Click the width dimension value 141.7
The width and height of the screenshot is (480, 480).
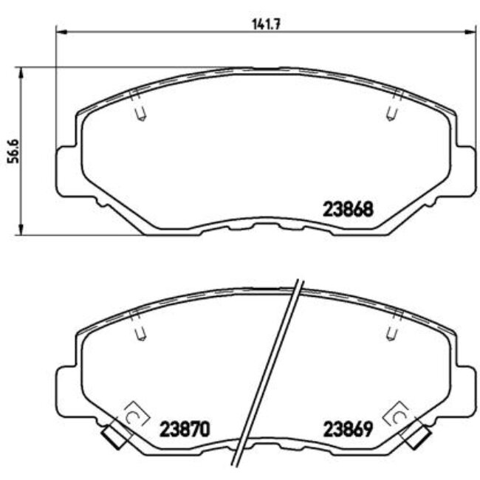pyautogui.click(x=264, y=24)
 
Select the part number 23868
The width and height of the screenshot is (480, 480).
pyautogui.click(x=346, y=209)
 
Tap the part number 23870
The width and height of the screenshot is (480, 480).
pyautogui.click(x=185, y=428)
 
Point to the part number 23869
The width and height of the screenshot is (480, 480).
pyautogui.click(x=346, y=428)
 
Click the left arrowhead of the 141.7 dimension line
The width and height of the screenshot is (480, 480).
pyautogui.click(x=62, y=32)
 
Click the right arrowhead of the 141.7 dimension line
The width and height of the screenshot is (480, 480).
pyautogui.click(x=470, y=32)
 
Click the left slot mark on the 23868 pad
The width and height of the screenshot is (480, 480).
pyautogui.click(x=140, y=109)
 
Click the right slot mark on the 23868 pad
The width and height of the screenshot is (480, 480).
pyautogui.click(x=394, y=109)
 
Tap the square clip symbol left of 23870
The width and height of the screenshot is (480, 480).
pyautogui.click(x=134, y=414)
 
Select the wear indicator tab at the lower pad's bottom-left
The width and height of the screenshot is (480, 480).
pyautogui.click(x=114, y=437)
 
